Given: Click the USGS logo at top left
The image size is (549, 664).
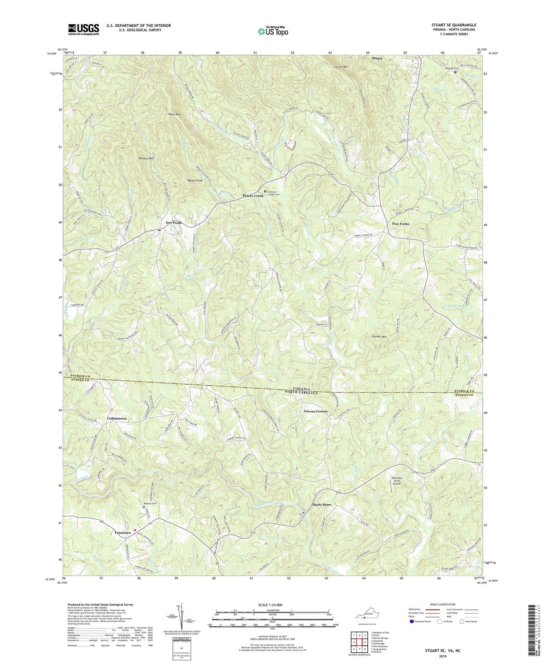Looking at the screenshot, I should (83, 29).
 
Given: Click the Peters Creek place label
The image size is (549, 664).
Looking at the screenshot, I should (253, 196).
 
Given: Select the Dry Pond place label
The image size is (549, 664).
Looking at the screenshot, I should (173, 223).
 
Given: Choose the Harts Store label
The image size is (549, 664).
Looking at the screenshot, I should (322, 505).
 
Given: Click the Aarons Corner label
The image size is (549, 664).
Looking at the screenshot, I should (316, 411).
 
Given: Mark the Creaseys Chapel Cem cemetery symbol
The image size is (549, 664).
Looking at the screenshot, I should (265, 191).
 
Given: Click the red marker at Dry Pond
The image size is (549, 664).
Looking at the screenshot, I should (159, 230).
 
